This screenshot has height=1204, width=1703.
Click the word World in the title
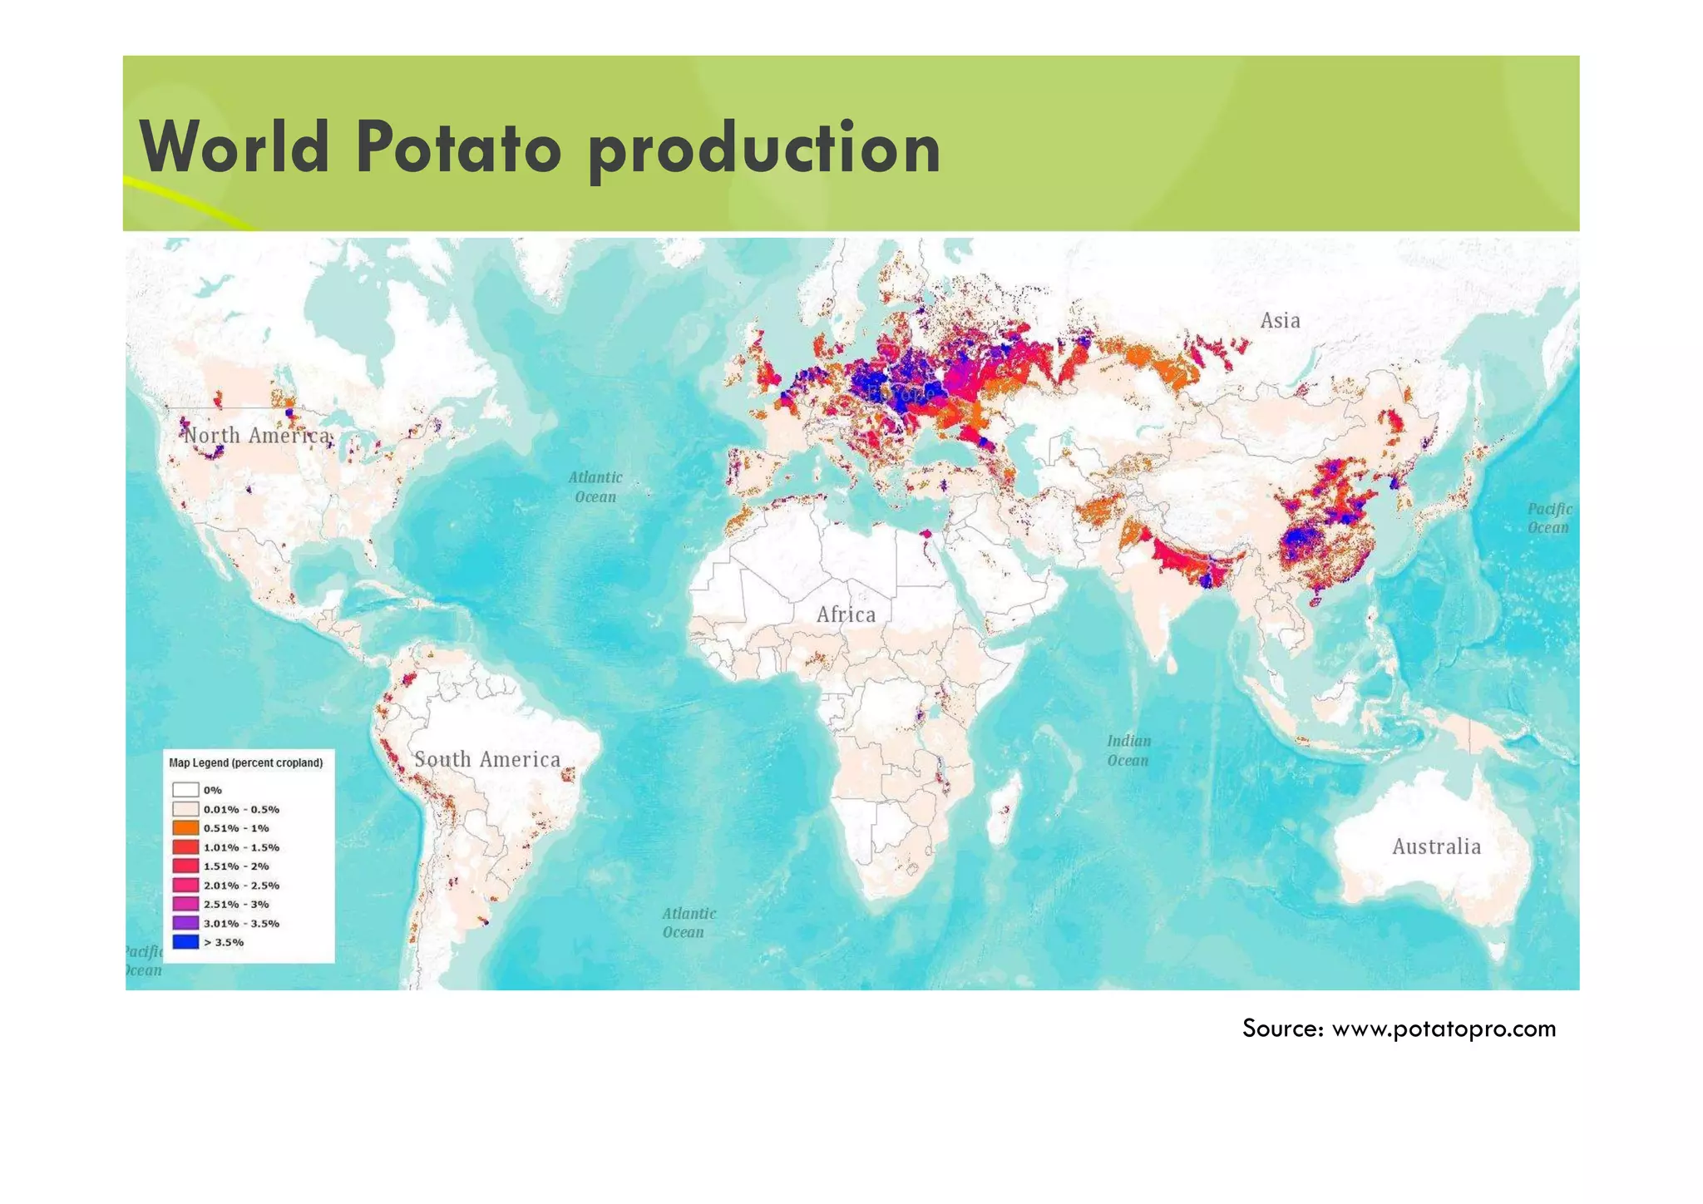[x=234, y=148]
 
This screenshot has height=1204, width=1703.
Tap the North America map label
[x=256, y=436]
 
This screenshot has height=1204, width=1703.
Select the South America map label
[x=487, y=759]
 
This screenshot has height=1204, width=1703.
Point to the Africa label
[x=846, y=614]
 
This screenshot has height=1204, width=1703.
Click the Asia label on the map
[x=1280, y=321]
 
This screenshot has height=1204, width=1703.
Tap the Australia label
[x=1436, y=846]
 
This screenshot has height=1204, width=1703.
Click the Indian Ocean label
[x=1128, y=751]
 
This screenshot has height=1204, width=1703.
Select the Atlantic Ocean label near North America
[x=595, y=487]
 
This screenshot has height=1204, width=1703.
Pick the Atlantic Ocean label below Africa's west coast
[x=688, y=923]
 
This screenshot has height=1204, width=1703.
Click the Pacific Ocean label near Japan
[x=1549, y=518]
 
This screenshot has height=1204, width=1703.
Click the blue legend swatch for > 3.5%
[x=185, y=942]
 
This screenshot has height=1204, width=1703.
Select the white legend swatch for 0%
[x=185, y=790]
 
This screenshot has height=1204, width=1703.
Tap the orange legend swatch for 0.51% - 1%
[x=185, y=828]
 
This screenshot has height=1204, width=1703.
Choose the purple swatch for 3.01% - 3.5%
[x=185, y=923]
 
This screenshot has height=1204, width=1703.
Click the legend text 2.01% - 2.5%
[x=241, y=886]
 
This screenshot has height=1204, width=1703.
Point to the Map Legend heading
[x=245, y=762]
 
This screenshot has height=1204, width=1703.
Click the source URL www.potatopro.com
[x=1444, y=1029]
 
